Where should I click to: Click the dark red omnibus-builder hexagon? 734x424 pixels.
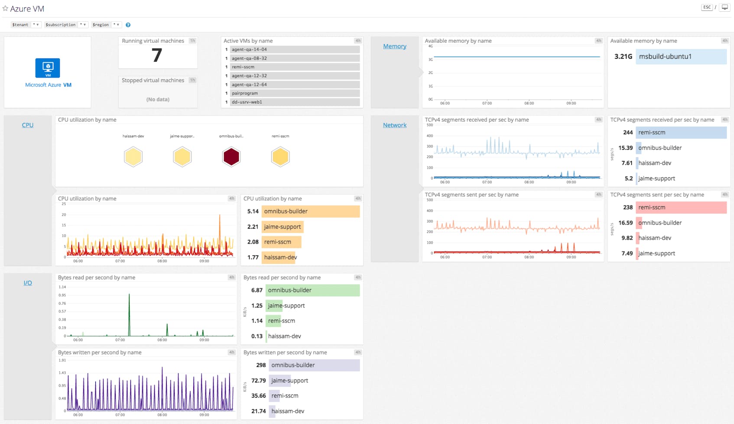(231, 157)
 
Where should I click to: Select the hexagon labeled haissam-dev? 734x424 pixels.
(133, 157)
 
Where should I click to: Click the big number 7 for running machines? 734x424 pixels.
(157, 55)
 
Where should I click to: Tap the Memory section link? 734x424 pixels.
(394, 46)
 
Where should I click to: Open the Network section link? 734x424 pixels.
(394, 125)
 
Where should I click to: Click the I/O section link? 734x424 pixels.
(28, 283)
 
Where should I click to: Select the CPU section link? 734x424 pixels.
(28, 125)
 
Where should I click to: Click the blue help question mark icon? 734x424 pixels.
(128, 25)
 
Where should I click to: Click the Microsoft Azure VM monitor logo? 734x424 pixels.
(48, 68)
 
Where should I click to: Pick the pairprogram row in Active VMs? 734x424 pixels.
(295, 93)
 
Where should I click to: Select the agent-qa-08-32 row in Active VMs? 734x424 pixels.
(295, 58)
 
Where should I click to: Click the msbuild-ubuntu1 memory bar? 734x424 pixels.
(681, 57)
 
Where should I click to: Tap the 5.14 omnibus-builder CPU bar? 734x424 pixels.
(311, 211)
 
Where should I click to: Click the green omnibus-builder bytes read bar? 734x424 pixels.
(312, 290)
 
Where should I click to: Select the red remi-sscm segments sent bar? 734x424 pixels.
(681, 207)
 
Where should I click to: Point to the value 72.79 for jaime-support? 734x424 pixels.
(258, 381)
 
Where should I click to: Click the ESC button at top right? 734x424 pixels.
(707, 7)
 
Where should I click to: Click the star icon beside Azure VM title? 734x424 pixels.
(5, 8)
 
